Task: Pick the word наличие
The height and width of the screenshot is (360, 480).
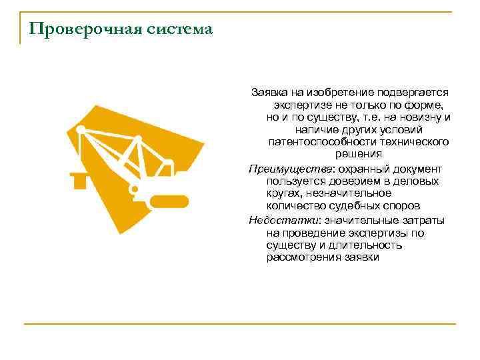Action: click(312, 129)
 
